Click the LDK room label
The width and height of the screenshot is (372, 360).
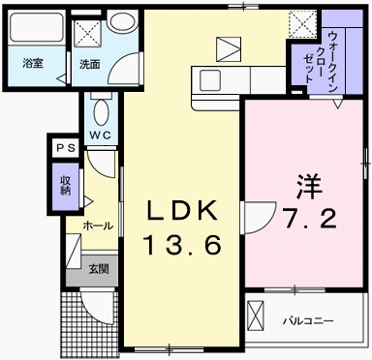tap(181, 210)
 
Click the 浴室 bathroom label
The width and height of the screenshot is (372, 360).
tap(33, 64)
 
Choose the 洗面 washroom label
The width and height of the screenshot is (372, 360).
tap(89, 64)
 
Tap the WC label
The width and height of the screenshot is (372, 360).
tap(101, 135)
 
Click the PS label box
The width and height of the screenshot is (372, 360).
tap(65, 147)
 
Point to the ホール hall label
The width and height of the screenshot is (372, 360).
tap(97, 225)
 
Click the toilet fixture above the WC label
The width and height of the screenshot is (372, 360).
tap(101, 105)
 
